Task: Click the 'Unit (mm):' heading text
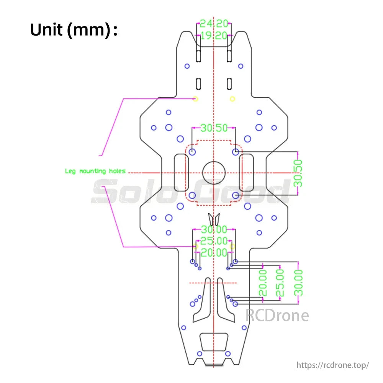click(x=74, y=30)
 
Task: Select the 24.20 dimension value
click(x=214, y=24)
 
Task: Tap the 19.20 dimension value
click(x=214, y=36)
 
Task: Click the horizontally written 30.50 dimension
click(x=214, y=128)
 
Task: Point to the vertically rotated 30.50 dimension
click(x=298, y=173)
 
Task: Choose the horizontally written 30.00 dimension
click(x=214, y=230)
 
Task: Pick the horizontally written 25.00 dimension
click(x=214, y=241)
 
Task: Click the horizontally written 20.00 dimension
click(x=214, y=252)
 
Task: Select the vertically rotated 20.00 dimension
click(x=263, y=283)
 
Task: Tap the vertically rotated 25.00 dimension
click(x=280, y=283)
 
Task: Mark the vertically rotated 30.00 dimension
click(x=298, y=283)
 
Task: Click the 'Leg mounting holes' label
click(x=95, y=171)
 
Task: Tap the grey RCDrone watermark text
click(x=277, y=316)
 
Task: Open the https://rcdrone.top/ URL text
click(x=332, y=365)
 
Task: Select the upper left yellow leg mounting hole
click(x=196, y=99)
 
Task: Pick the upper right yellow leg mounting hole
click(x=232, y=99)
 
